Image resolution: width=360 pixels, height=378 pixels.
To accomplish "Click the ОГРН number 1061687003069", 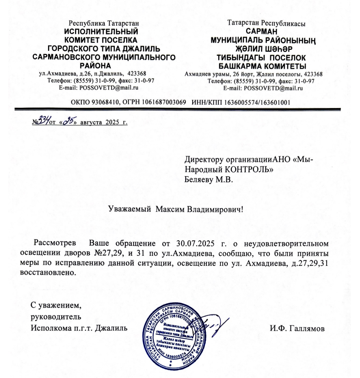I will [x=162, y=103].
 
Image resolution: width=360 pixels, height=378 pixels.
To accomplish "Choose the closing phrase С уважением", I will [x=56, y=305].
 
